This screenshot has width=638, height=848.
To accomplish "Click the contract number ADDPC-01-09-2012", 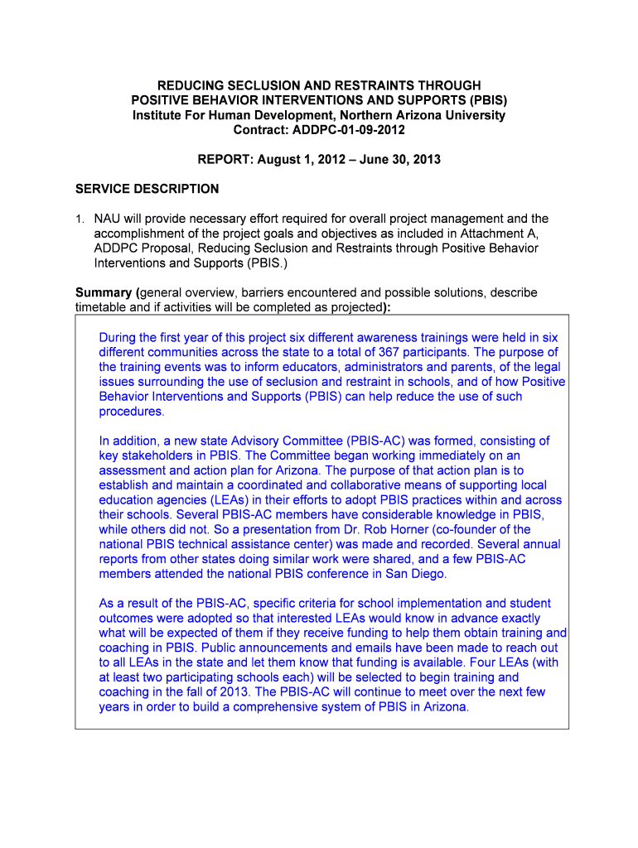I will [x=350, y=131].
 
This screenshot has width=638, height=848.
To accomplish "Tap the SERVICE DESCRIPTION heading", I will [x=147, y=189].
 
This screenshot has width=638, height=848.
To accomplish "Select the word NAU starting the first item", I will [x=107, y=219].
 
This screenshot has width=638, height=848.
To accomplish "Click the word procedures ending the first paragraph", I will [x=131, y=412].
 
